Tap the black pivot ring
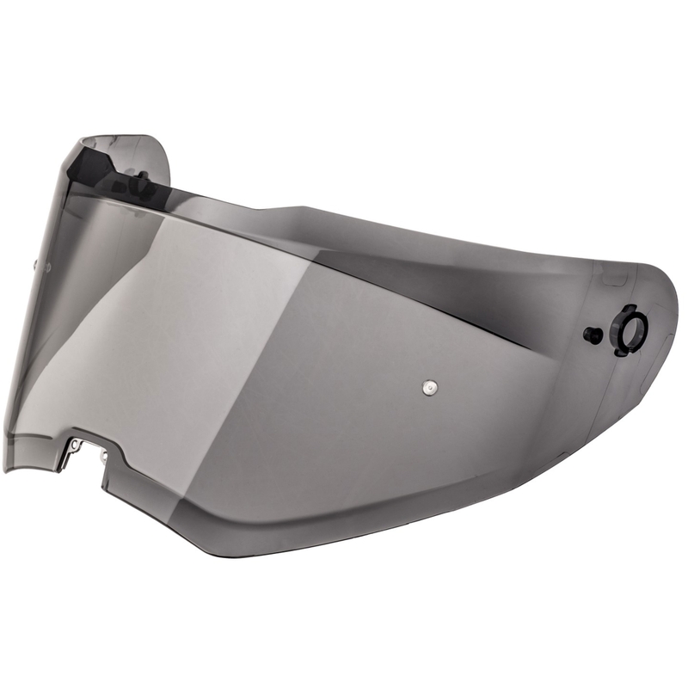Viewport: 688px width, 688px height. [x=630, y=328]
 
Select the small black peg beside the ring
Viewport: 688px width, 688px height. [x=591, y=335]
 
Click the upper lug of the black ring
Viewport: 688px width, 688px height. [x=625, y=309]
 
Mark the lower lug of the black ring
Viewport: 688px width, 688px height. [x=622, y=348]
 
